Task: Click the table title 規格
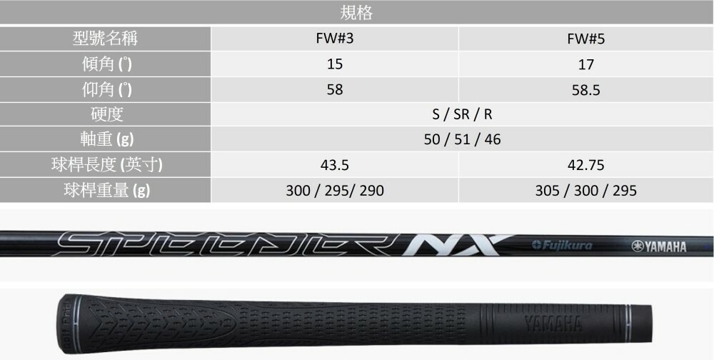[x=356, y=13]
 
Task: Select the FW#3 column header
[x=335, y=39]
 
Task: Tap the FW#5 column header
[x=586, y=39]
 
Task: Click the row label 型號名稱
[x=105, y=39]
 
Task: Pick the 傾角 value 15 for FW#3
[x=335, y=64]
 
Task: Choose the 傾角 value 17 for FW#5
[x=586, y=64]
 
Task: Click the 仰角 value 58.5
[x=586, y=90]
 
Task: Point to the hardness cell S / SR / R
[x=462, y=114]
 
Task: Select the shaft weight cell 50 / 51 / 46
[x=462, y=139]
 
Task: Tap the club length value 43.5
[x=335, y=165]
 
